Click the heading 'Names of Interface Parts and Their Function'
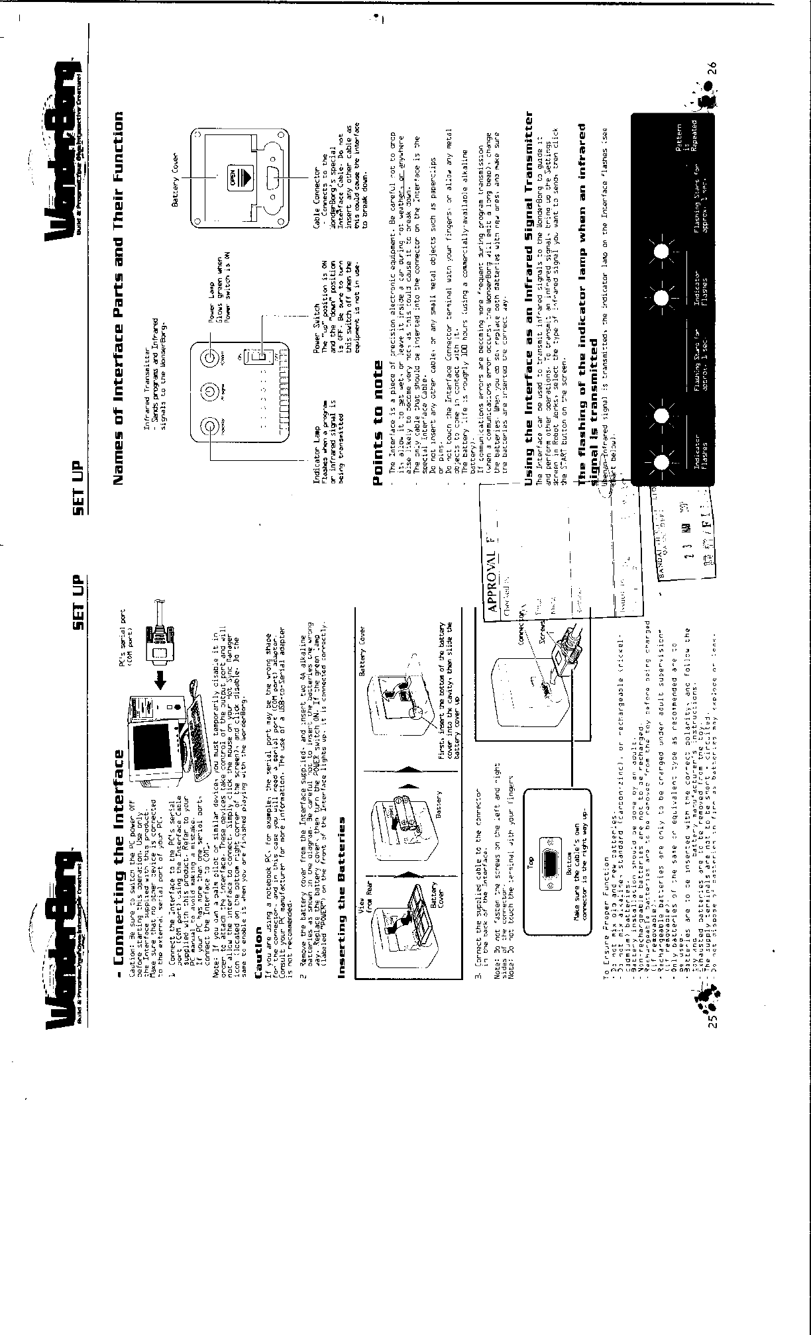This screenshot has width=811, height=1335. [x=119, y=298]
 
